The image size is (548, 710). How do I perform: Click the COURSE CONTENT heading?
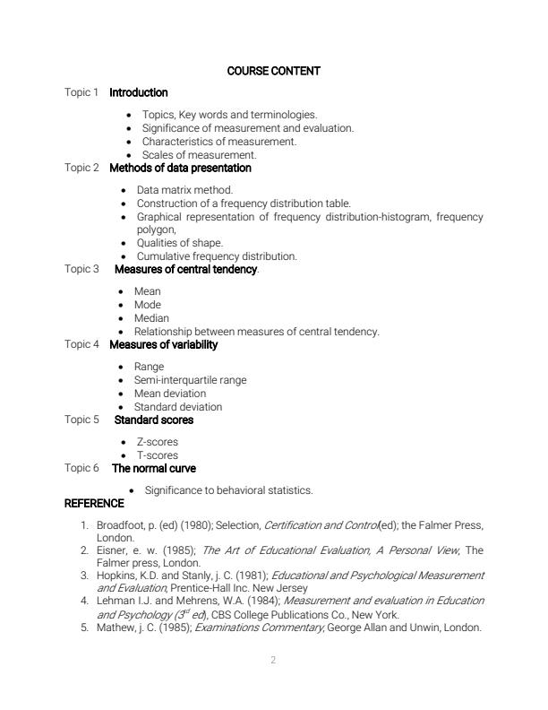[273, 71]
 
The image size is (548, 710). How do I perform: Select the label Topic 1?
[81, 92]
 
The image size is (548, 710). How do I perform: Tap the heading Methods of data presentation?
[180, 168]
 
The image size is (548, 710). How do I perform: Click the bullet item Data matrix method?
[184, 190]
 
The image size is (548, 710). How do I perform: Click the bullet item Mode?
[148, 305]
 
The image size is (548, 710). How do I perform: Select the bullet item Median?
[151, 318]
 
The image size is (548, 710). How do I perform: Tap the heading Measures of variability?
[163, 344]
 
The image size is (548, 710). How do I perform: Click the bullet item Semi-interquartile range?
[190, 380]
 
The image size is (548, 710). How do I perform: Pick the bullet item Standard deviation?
[178, 407]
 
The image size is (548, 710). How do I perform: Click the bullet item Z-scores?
[157, 442]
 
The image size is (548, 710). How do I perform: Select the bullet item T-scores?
[157, 455]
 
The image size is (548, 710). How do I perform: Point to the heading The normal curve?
[153, 468]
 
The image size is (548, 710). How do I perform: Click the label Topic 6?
[81, 468]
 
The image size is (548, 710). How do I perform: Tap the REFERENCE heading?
[94, 504]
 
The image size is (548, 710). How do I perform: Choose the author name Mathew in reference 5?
[116, 628]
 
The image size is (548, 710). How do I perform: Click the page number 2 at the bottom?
[273, 661]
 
